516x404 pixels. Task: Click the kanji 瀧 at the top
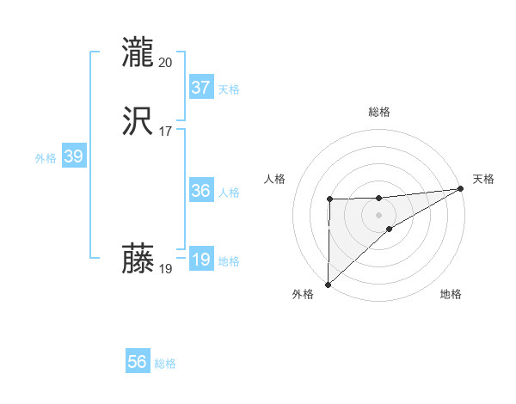pyautogui.click(x=138, y=52)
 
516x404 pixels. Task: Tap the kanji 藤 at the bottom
pyautogui.click(x=138, y=258)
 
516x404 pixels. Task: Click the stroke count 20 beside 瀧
pyautogui.click(x=166, y=62)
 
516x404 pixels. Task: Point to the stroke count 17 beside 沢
pyautogui.click(x=166, y=131)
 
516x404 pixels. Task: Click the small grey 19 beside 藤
pyautogui.click(x=166, y=269)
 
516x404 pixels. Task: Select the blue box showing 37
pyautogui.click(x=200, y=88)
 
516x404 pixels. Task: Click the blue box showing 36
pyautogui.click(x=200, y=191)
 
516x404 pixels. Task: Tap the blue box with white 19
pyautogui.click(x=200, y=260)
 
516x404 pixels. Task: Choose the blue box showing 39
pyautogui.click(x=73, y=156)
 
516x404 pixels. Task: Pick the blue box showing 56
pyautogui.click(x=138, y=362)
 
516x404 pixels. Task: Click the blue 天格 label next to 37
pyautogui.click(x=229, y=89)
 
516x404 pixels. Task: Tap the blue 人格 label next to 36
pyautogui.click(x=229, y=193)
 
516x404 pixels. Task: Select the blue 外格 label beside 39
pyautogui.click(x=46, y=158)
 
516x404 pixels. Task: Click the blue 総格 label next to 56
pyautogui.click(x=165, y=364)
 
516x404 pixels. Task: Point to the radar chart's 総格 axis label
pyautogui.click(x=378, y=112)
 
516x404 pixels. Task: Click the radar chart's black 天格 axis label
pyautogui.click(x=483, y=179)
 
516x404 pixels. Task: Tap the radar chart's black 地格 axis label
pyautogui.click(x=451, y=295)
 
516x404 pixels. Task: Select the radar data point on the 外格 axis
pyautogui.click(x=328, y=284)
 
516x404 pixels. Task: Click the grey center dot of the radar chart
pyautogui.click(x=378, y=213)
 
